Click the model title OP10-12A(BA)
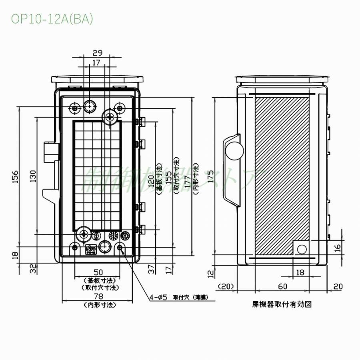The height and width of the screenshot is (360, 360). click(52, 19)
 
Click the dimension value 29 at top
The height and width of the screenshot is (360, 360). click(97, 53)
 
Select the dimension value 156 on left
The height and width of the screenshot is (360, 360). click(15, 176)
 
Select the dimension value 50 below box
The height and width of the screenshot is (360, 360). click(98, 272)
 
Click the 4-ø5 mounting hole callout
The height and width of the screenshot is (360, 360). click(158, 297)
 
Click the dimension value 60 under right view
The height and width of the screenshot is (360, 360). click(283, 286)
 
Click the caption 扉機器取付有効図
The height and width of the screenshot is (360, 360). click(282, 304)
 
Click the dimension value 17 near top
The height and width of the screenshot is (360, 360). click(96, 63)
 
